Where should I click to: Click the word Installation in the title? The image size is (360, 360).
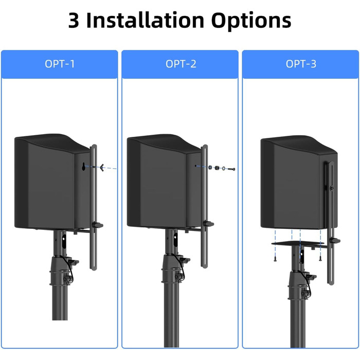pyautogui.click(x=145, y=20)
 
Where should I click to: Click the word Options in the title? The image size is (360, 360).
pyautogui.click(x=251, y=21)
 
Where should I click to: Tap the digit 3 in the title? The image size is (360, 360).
pyautogui.click(x=74, y=21)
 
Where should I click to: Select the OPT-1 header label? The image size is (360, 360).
pyautogui.click(x=60, y=64)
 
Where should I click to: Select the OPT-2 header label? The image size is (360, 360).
pyautogui.click(x=181, y=64)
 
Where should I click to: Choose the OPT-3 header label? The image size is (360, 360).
pyautogui.click(x=301, y=64)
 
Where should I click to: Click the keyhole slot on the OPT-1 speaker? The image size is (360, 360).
pyautogui.click(x=84, y=167)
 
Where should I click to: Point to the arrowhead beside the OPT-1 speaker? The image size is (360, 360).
pyautogui.click(x=102, y=167)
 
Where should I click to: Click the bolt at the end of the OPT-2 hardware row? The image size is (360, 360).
pyautogui.click(x=231, y=169)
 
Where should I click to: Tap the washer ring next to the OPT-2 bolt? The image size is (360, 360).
pyautogui.click(x=223, y=169)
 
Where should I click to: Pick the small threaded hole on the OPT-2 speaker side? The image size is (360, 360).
pyautogui.click(x=195, y=166)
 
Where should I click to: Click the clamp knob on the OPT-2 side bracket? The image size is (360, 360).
pyautogui.click(x=208, y=224)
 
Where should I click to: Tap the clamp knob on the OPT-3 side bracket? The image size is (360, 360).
pyautogui.click(x=335, y=241)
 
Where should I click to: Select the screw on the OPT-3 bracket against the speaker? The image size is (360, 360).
pyautogui.click(x=332, y=188)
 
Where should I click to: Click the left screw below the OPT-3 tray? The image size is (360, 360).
pyautogui.click(x=275, y=260)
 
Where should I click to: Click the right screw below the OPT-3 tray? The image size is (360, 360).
pyautogui.click(x=320, y=259)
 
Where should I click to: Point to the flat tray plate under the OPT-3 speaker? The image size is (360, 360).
pyautogui.click(x=298, y=243)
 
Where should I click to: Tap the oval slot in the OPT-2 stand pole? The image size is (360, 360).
pyautogui.click(x=176, y=240)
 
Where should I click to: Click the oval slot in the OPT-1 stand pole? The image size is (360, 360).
pyautogui.click(x=64, y=241)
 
